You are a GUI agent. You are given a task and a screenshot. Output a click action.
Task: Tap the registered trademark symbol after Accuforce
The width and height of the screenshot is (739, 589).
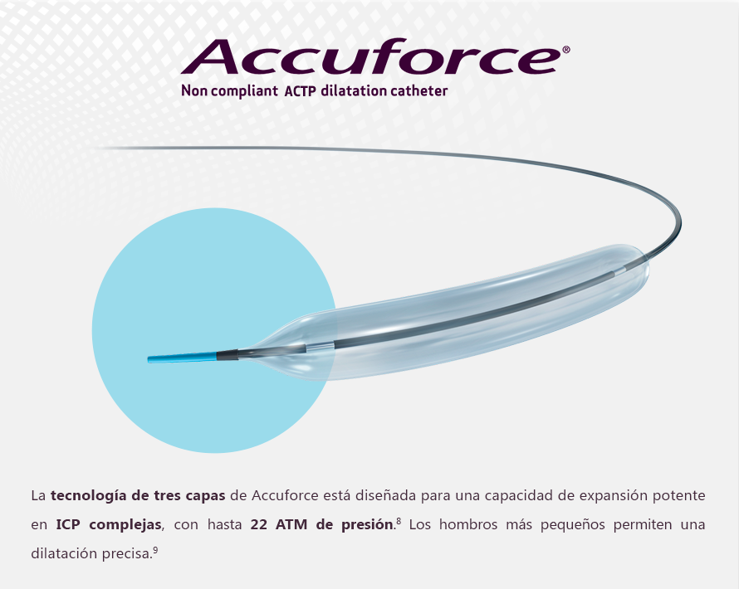(566, 50)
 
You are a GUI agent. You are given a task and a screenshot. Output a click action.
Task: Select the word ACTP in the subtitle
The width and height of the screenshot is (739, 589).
(300, 91)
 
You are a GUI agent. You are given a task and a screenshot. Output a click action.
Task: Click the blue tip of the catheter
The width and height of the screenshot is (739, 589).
(183, 357)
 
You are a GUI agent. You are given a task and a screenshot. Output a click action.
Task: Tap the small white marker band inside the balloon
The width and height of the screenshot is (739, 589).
(320, 346)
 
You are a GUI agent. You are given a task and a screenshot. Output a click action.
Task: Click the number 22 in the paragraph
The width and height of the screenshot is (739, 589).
(259, 524)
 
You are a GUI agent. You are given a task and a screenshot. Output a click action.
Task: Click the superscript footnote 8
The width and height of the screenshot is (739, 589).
(399, 521)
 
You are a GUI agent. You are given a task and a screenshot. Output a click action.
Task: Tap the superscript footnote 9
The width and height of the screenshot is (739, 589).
(155, 549)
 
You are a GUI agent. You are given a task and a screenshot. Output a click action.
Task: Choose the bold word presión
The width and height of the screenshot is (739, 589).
(367, 525)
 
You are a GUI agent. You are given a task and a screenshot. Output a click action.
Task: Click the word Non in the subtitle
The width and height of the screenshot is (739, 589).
(194, 91)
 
